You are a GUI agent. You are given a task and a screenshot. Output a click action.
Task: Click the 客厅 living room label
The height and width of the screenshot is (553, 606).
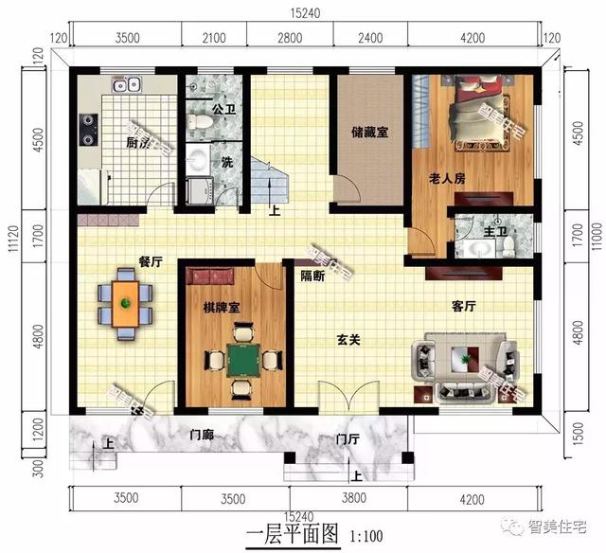pos(463,306)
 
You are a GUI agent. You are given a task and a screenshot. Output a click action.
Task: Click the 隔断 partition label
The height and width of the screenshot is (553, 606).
pos(312,276)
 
